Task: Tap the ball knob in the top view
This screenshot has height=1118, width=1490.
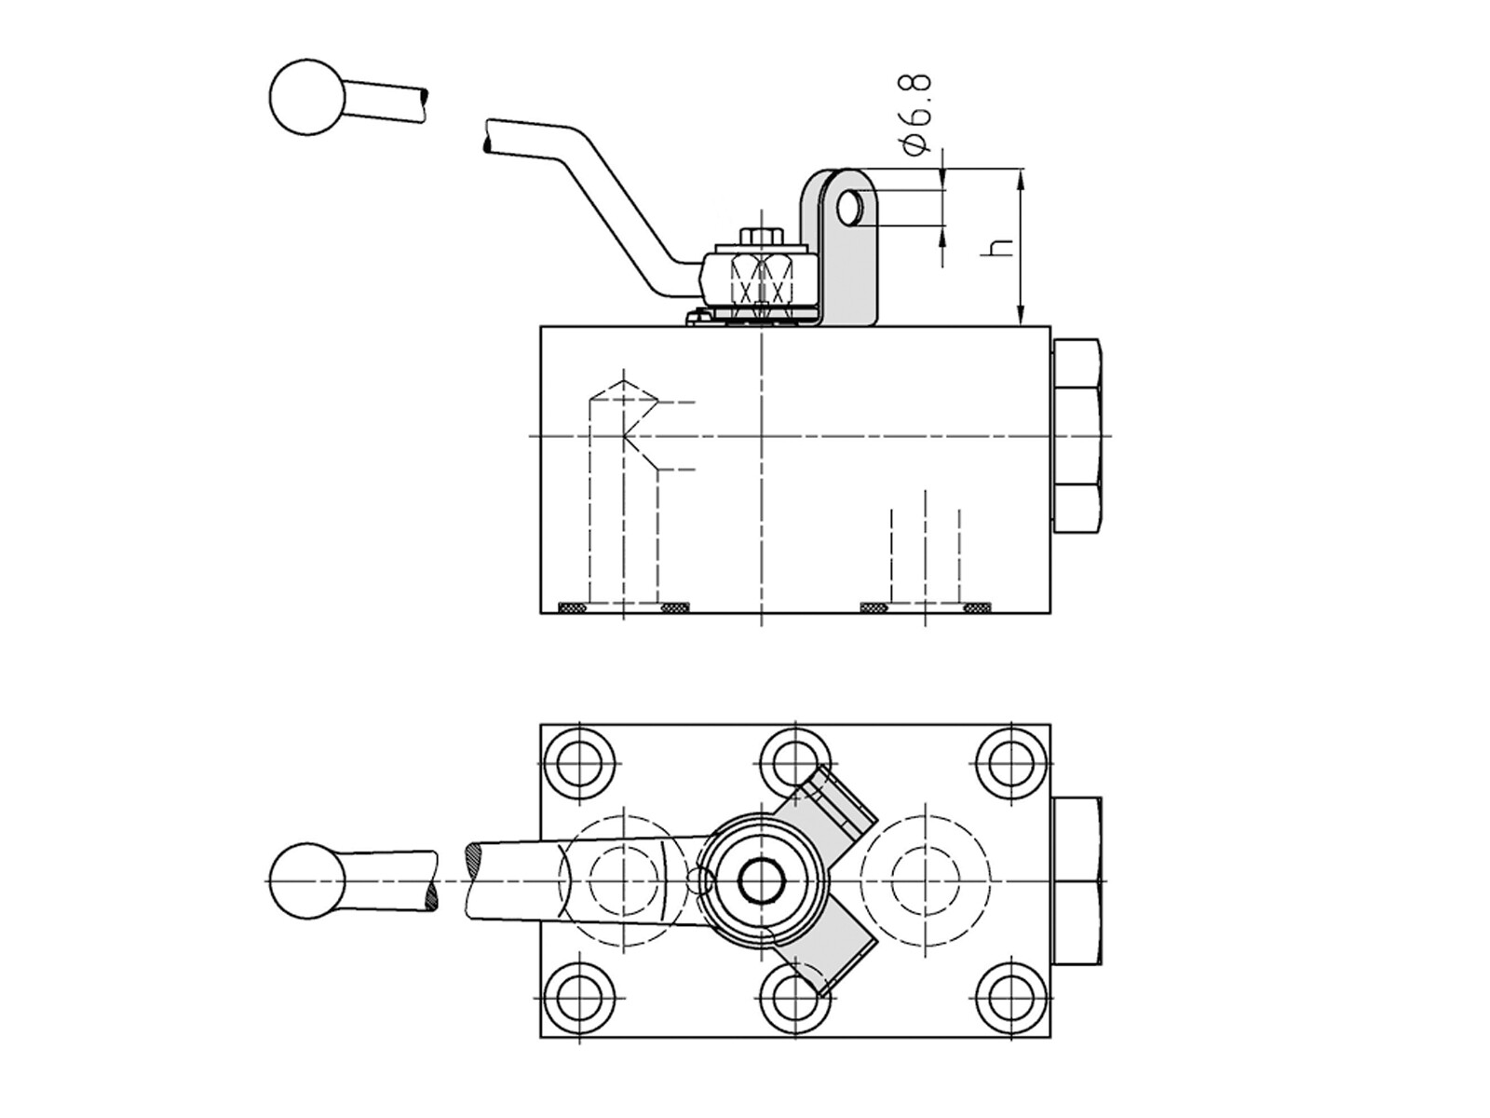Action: click(307, 879)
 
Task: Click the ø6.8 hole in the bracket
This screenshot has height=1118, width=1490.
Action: click(848, 207)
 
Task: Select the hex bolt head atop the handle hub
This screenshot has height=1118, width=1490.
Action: click(762, 237)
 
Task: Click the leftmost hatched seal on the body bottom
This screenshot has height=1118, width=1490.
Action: click(573, 607)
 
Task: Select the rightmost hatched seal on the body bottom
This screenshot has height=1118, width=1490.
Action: click(978, 607)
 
